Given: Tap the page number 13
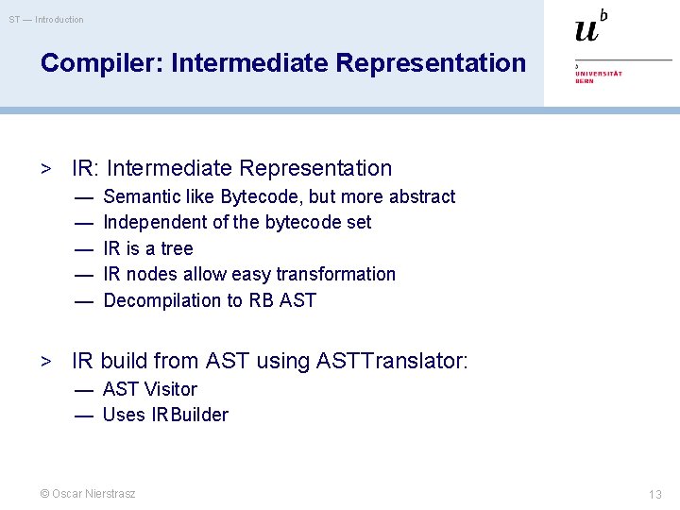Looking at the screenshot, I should pyautogui.click(x=654, y=494).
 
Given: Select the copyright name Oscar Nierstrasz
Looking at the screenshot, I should pyautogui.click(x=88, y=494).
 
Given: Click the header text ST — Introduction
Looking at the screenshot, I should pyautogui.click(x=47, y=19).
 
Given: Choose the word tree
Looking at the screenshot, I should pyautogui.click(x=177, y=248).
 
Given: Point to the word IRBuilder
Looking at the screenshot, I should pyautogui.click(x=190, y=415).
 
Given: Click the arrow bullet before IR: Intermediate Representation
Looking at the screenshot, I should pyautogui.click(x=44, y=169).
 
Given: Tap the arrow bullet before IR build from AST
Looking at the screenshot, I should pyautogui.click(x=44, y=362).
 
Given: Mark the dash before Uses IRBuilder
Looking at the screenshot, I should pyautogui.click(x=84, y=415).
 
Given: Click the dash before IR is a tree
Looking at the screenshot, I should pyautogui.click(x=84, y=248).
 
